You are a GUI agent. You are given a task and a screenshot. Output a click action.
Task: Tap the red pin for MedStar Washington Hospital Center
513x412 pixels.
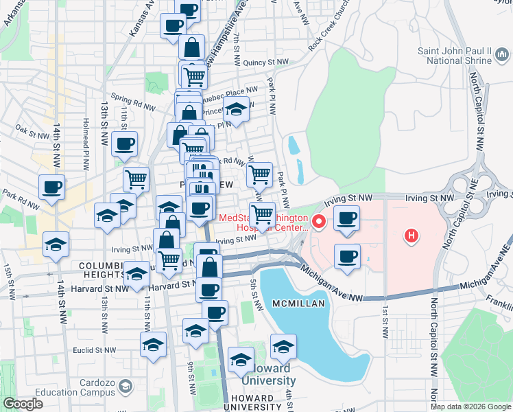tap(318, 222)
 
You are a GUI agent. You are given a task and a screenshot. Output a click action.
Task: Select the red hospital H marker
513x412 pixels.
tap(411, 236)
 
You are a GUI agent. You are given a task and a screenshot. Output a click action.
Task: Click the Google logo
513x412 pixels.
tap(23, 404)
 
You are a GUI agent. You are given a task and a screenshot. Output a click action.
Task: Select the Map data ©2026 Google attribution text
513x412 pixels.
tap(470, 407)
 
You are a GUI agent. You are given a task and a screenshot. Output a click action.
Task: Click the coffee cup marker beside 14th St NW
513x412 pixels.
tap(53, 187)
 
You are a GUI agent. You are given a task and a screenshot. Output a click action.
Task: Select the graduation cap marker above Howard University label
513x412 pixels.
tap(241, 360)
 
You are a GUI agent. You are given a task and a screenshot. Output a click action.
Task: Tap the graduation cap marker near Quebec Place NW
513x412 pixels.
tap(236, 108)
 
